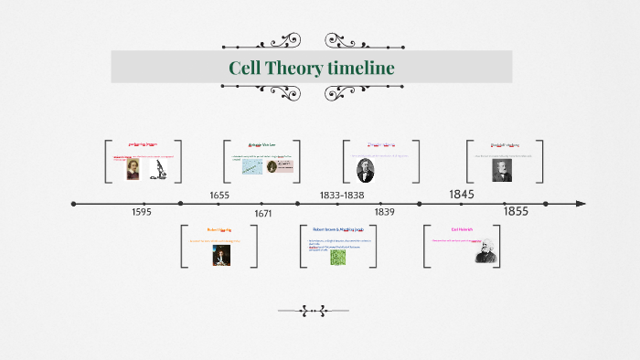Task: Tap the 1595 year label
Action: [141, 212]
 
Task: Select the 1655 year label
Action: [219, 196]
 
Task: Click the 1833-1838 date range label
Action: [342, 196]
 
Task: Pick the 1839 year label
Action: [384, 212]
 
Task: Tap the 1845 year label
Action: [462, 195]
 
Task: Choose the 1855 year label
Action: [516, 211]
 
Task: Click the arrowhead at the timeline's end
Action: [581, 204]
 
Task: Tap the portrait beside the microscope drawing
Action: [133, 169]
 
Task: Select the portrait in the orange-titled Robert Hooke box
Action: [220, 256]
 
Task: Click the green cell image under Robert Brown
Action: [338, 258]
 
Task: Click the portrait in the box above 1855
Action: [502, 170]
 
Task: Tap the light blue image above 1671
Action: [253, 167]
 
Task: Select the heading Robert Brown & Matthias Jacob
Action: [338, 230]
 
